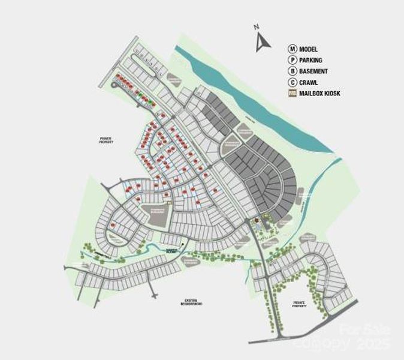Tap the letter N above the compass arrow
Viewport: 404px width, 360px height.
[x=256, y=27]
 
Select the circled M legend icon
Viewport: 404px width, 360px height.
[x=293, y=49]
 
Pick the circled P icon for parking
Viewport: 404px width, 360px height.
[x=293, y=60]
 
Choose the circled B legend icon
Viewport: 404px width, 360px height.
[x=293, y=71]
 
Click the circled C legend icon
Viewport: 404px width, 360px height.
[x=293, y=82]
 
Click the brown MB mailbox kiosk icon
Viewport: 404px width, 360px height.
[x=293, y=93]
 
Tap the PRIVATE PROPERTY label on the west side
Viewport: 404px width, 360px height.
[x=106, y=140]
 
